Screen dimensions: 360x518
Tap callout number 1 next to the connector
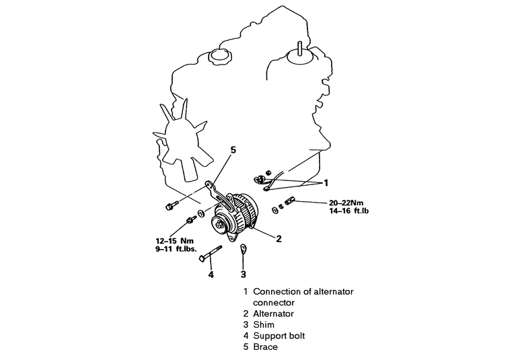(326, 182)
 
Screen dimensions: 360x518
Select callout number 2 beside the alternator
(278, 238)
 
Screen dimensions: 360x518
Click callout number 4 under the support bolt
(211, 274)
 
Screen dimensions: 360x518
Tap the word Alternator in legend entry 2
(273, 314)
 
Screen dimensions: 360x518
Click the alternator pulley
(223, 223)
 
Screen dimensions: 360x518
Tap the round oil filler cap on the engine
(219, 57)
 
